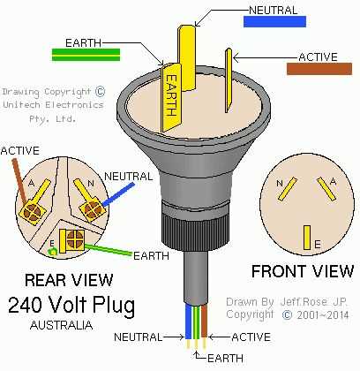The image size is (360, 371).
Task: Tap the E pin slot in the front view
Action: point(306,236)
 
